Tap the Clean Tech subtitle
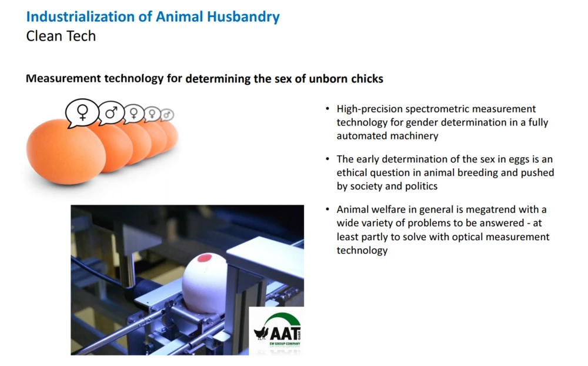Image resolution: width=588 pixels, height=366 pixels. (x=61, y=36)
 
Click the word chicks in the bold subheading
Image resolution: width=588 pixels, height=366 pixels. (x=367, y=78)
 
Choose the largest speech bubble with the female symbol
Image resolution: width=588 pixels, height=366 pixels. (x=82, y=113)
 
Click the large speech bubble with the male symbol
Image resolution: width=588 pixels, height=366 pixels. (x=111, y=112)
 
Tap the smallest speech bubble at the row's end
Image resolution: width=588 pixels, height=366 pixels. (x=167, y=115)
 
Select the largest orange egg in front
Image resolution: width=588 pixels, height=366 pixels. (x=66, y=152)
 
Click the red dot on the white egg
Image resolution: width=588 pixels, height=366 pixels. (x=205, y=258)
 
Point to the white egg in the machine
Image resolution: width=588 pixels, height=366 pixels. (x=205, y=282)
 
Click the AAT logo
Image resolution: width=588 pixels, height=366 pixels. (x=277, y=330)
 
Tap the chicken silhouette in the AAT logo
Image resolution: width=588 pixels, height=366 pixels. (x=262, y=332)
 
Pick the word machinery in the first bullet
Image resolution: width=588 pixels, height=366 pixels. (x=413, y=136)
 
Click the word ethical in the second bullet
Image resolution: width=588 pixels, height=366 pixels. (x=352, y=172)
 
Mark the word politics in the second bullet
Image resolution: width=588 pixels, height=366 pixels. (x=421, y=186)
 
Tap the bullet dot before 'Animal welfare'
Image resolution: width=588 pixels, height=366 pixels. (x=328, y=209)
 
